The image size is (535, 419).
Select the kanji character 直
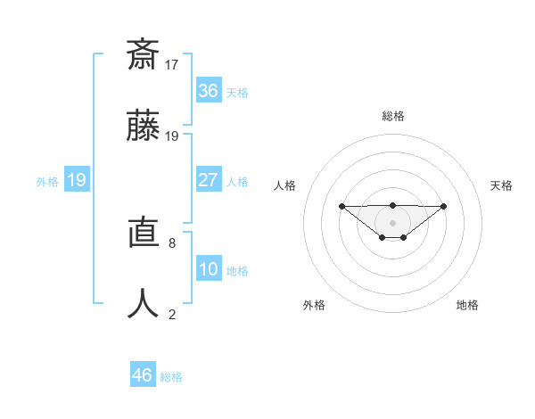144,232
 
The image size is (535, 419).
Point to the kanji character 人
144,304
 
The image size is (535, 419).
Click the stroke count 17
172,64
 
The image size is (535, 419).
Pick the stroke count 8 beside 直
172,242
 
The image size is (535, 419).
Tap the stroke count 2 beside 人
172,314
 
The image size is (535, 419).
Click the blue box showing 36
208,91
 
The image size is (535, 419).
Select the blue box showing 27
208,180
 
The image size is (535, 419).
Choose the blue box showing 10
208,269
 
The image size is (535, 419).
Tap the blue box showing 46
143,375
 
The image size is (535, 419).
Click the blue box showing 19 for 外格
76,180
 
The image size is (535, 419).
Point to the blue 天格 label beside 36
237,93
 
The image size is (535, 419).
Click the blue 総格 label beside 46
171,377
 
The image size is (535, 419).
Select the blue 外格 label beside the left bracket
47,182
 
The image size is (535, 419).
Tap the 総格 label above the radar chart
393,116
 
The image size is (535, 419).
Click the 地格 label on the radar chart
467,305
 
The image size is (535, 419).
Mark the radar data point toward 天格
444,206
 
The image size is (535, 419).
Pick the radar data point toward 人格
342,206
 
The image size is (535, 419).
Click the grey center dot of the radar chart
392,222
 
